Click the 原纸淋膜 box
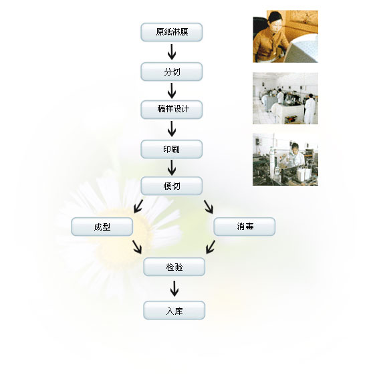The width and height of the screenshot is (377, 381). [x=171, y=32]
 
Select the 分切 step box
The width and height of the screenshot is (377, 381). [x=171, y=72]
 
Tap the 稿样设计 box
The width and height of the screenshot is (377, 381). [x=171, y=110]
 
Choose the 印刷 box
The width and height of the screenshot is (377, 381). [x=171, y=149]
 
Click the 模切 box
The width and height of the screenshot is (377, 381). [x=171, y=186]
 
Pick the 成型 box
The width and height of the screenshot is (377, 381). [x=102, y=227]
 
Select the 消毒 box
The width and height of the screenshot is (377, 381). [x=244, y=227]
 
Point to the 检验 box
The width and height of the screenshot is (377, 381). [x=174, y=267]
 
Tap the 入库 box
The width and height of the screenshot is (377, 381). [x=174, y=310]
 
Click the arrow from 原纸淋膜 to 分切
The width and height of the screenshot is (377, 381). [x=172, y=51]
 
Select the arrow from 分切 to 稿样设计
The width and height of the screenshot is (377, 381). [x=172, y=91]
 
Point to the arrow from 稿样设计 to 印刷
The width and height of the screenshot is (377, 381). [x=172, y=129]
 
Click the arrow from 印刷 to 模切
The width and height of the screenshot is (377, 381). [x=172, y=167]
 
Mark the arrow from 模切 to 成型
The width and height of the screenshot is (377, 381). [x=138, y=207]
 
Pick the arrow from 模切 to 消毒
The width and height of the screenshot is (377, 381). [x=209, y=207]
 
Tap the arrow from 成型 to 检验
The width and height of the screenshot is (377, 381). [x=137, y=247]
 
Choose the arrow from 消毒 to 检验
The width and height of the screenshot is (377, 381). [x=211, y=247]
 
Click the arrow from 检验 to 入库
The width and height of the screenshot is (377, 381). [x=174, y=288]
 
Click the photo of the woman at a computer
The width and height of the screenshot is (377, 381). [x=285, y=37]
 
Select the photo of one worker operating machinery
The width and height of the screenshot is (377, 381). [x=285, y=159]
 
